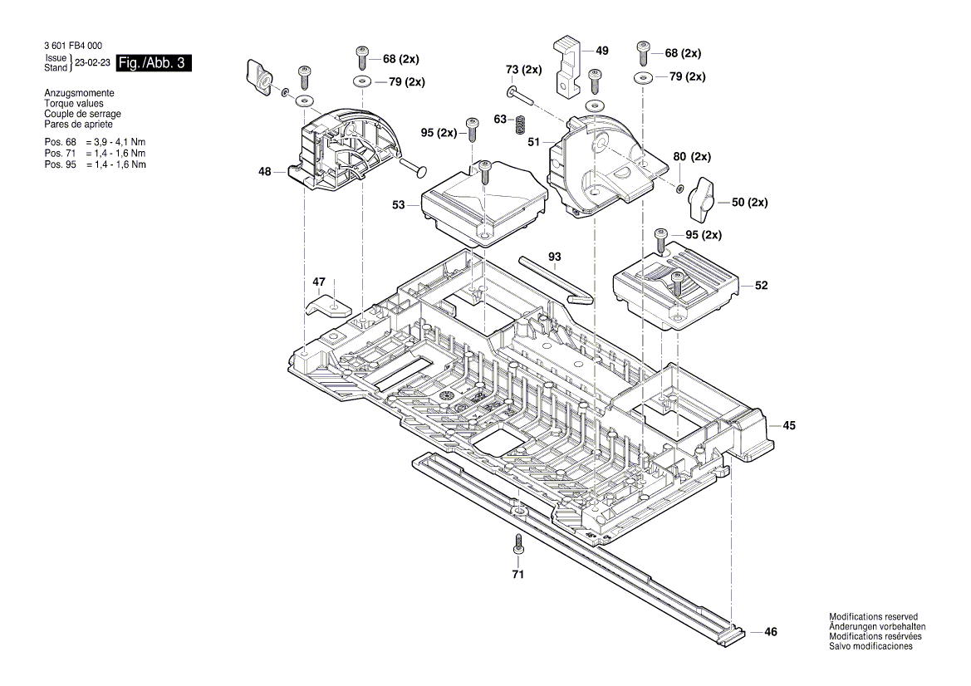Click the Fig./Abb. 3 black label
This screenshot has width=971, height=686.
(154, 63)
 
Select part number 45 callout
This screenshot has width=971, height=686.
(789, 425)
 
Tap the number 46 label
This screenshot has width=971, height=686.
(771, 632)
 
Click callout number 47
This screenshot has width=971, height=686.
(319, 282)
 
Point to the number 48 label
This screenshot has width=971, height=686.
(265, 172)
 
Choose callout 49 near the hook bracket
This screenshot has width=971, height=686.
(602, 51)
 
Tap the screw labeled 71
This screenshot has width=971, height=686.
(517, 545)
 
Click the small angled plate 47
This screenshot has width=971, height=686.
(326, 305)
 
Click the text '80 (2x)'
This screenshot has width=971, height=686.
(692, 156)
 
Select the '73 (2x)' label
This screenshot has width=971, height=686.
(523, 69)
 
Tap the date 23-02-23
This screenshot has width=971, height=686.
(91, 63)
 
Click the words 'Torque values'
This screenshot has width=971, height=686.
(74, 104)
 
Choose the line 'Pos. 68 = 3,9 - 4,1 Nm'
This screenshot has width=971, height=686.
(95, 143)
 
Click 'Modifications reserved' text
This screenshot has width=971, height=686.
(873, 617)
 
